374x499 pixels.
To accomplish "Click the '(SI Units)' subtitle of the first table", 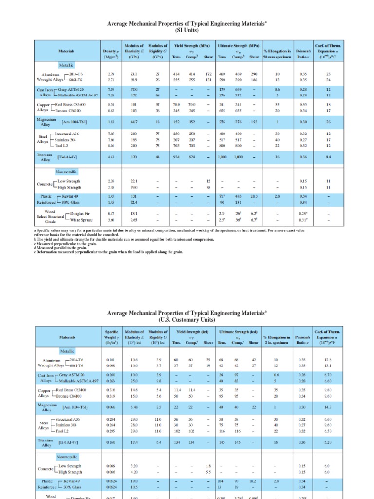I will pos(187,31).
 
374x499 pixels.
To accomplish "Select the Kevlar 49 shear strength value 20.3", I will pos(254,195).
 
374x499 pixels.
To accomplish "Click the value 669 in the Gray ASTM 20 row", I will pos(239,90).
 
